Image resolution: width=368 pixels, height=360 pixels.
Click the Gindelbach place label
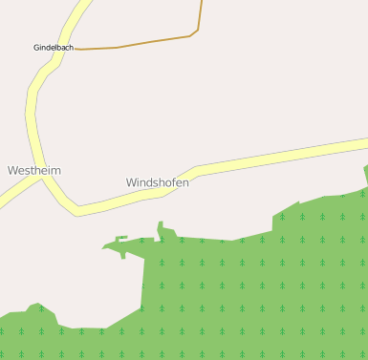coord(54,47)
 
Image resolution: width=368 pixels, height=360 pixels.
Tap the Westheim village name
coord(34,170)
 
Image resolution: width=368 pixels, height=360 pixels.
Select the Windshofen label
coord(158,181)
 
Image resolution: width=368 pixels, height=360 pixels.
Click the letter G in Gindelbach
coord(36,47)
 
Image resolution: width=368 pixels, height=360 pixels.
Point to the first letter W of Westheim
coord(12,170)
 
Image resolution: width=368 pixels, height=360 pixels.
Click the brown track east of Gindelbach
coord(143,43)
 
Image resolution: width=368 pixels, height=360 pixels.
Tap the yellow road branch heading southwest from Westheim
coord(14,194)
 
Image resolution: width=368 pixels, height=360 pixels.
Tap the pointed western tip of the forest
coord(104,249)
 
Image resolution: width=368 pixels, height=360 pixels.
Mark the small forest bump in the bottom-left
coord(36,307)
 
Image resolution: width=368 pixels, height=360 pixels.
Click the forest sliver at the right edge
coord(365,174)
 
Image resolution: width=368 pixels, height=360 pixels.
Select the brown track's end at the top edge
coord(202,2)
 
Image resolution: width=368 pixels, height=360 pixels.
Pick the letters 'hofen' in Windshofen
coord(173,181)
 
